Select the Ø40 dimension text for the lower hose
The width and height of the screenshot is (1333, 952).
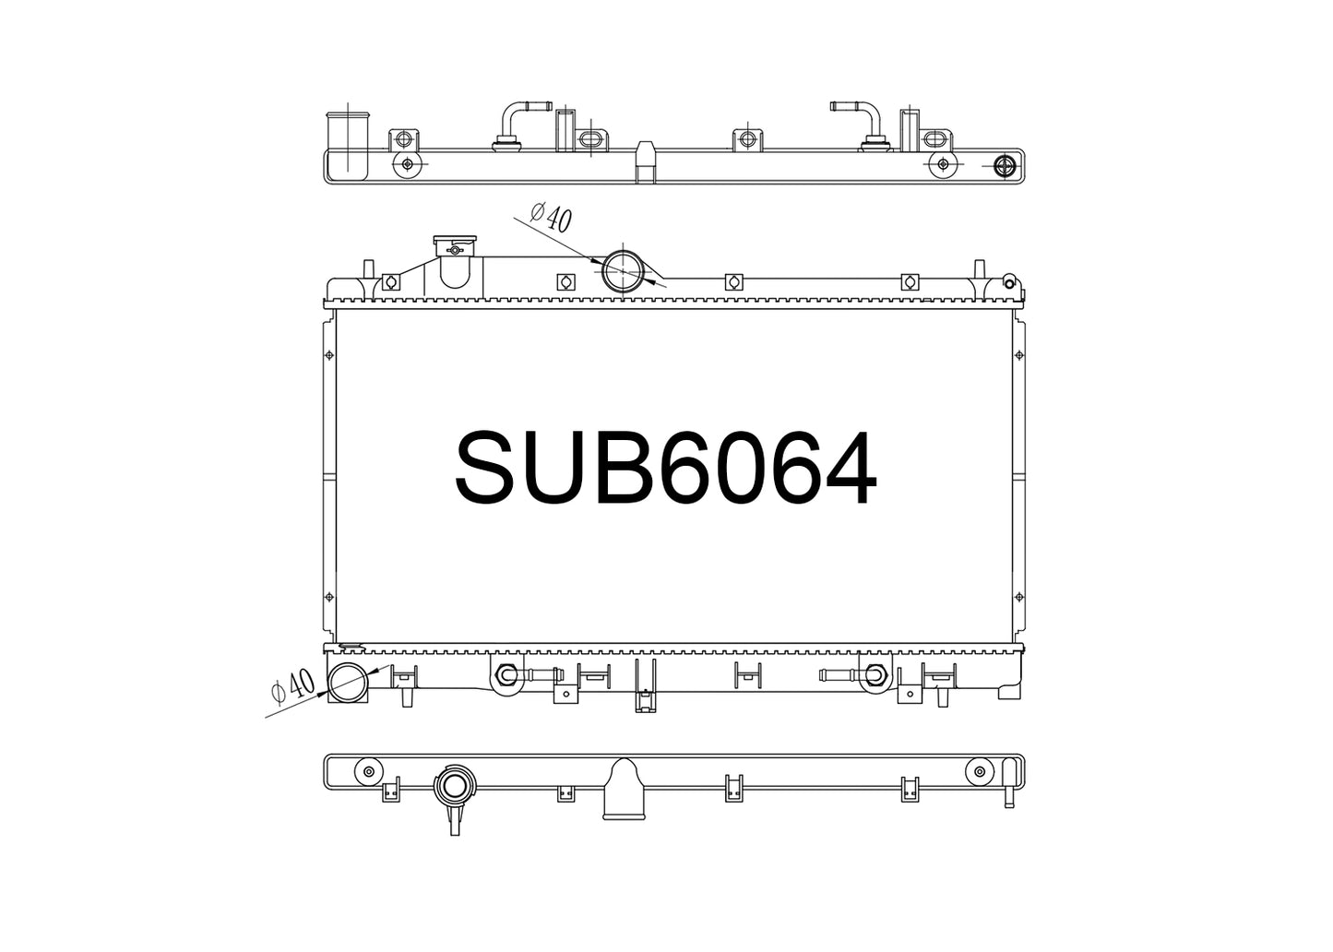292,686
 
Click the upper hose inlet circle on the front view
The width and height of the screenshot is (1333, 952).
623,271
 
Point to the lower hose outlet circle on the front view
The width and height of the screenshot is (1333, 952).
348,683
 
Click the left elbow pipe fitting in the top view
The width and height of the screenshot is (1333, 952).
515,125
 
